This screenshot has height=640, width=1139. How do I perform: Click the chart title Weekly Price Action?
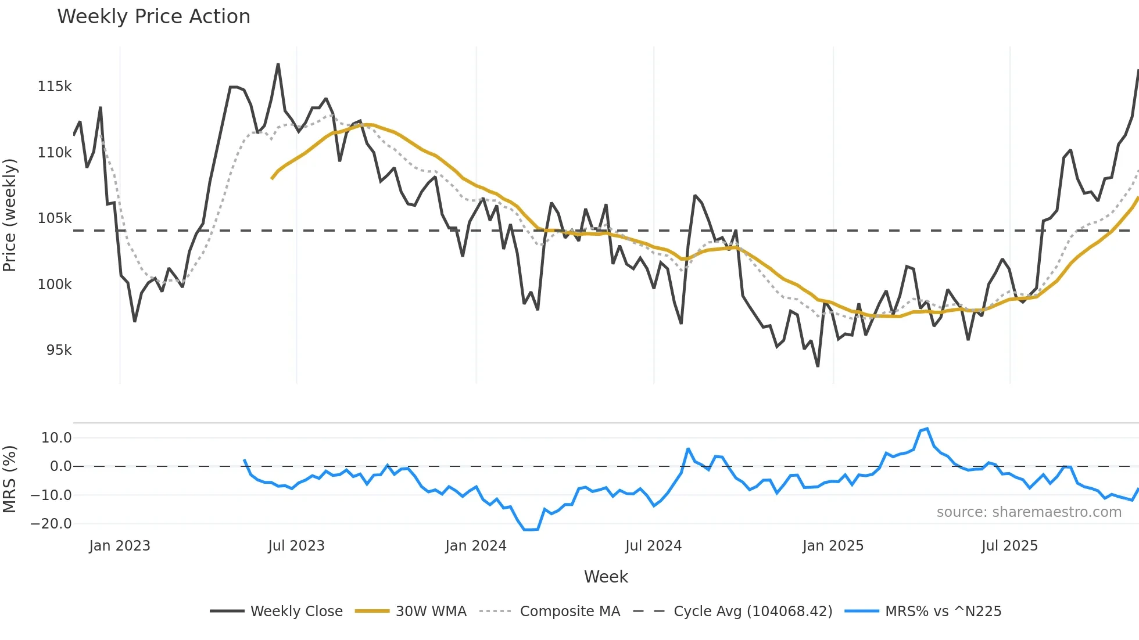(153, 17)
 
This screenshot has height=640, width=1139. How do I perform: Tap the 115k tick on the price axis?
(55, 87)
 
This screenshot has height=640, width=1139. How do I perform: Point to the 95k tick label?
(59, 350)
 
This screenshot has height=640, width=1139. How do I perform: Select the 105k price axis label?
(55, 218)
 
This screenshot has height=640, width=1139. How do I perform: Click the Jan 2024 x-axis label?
(475, 546)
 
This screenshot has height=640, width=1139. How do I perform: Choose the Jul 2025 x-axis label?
(1009, 546)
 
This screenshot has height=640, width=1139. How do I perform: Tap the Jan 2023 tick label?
(120, 546)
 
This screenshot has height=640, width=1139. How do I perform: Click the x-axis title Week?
(606, 577)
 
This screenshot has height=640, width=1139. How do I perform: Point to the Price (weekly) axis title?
(10, 215)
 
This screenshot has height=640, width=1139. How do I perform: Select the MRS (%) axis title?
(10, 479)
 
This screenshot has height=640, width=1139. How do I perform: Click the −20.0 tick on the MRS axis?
(51, 524)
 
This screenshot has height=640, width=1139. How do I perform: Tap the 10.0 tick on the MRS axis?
(56, 438)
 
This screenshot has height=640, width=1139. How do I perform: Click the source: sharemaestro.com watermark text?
(1029, 512)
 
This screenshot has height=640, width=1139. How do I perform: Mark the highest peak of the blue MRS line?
(927, 429)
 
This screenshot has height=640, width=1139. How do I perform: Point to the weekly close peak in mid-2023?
(278, 64)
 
